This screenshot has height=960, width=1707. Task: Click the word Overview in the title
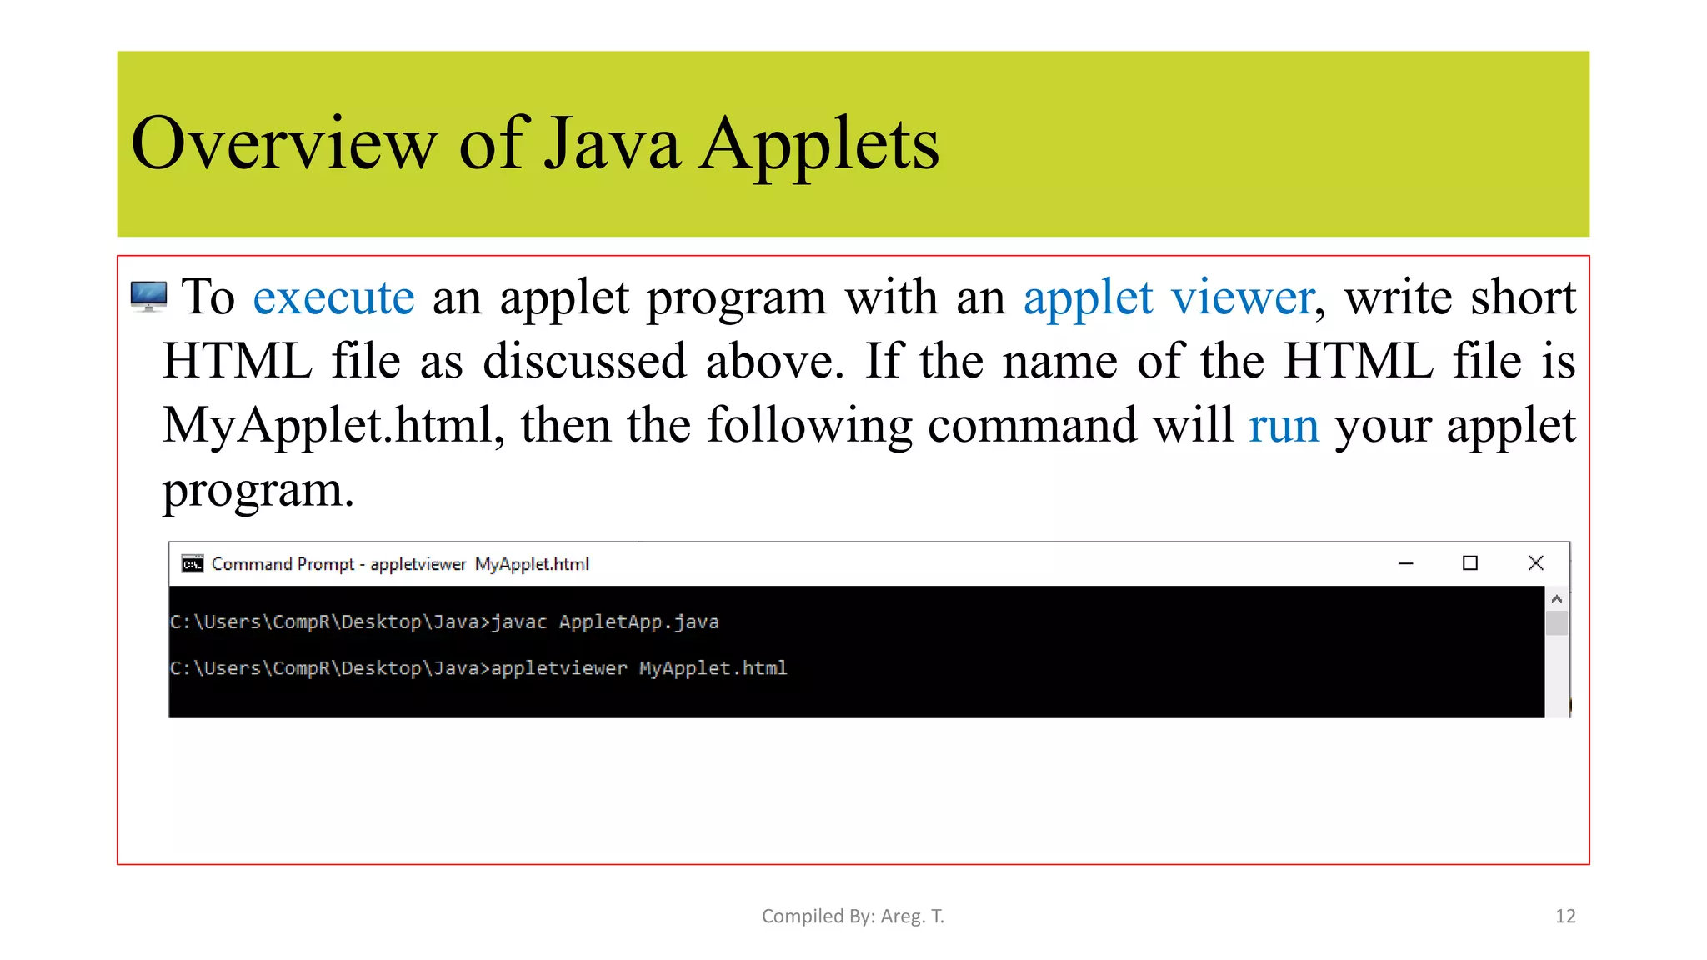283,143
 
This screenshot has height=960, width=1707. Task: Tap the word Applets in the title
818,143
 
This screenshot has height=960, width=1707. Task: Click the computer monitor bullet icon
148,297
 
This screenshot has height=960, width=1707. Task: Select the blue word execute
333,297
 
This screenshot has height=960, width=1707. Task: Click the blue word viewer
1243,297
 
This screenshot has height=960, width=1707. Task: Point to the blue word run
1284,426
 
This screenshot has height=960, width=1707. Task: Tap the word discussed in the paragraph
585,362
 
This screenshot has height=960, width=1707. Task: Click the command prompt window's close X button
1536,563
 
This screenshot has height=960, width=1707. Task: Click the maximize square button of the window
1470,563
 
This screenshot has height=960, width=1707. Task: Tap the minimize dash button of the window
1406,564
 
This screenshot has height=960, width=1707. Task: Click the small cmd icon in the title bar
193,564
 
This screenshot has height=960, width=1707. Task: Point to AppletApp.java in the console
638,622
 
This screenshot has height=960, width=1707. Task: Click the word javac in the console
518,622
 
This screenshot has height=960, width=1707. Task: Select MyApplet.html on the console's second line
713,668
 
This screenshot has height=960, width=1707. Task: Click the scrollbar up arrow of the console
1556,599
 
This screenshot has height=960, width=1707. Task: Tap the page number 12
1565,917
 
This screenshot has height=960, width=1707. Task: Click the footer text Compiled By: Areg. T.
853,917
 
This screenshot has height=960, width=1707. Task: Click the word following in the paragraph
809,426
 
